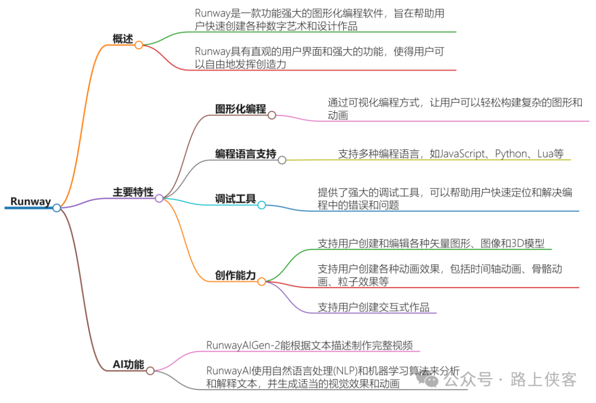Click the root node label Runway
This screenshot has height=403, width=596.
30,202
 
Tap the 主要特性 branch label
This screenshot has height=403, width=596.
133,192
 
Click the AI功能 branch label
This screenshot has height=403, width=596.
128,364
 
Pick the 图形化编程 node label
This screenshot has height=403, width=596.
240,109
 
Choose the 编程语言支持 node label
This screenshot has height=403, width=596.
245,154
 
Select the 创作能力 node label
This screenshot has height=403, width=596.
235,275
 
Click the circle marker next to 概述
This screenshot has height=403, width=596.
139,45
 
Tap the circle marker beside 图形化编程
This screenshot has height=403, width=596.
272,115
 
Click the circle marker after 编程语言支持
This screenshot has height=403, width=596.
282,160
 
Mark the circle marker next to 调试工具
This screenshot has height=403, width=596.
262,205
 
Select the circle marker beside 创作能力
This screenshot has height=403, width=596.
262,281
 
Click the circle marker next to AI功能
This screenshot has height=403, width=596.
150,371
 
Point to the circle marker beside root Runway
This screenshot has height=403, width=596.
57,208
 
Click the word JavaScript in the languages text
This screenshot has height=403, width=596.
461,154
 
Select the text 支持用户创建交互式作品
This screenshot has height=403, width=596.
374,307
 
